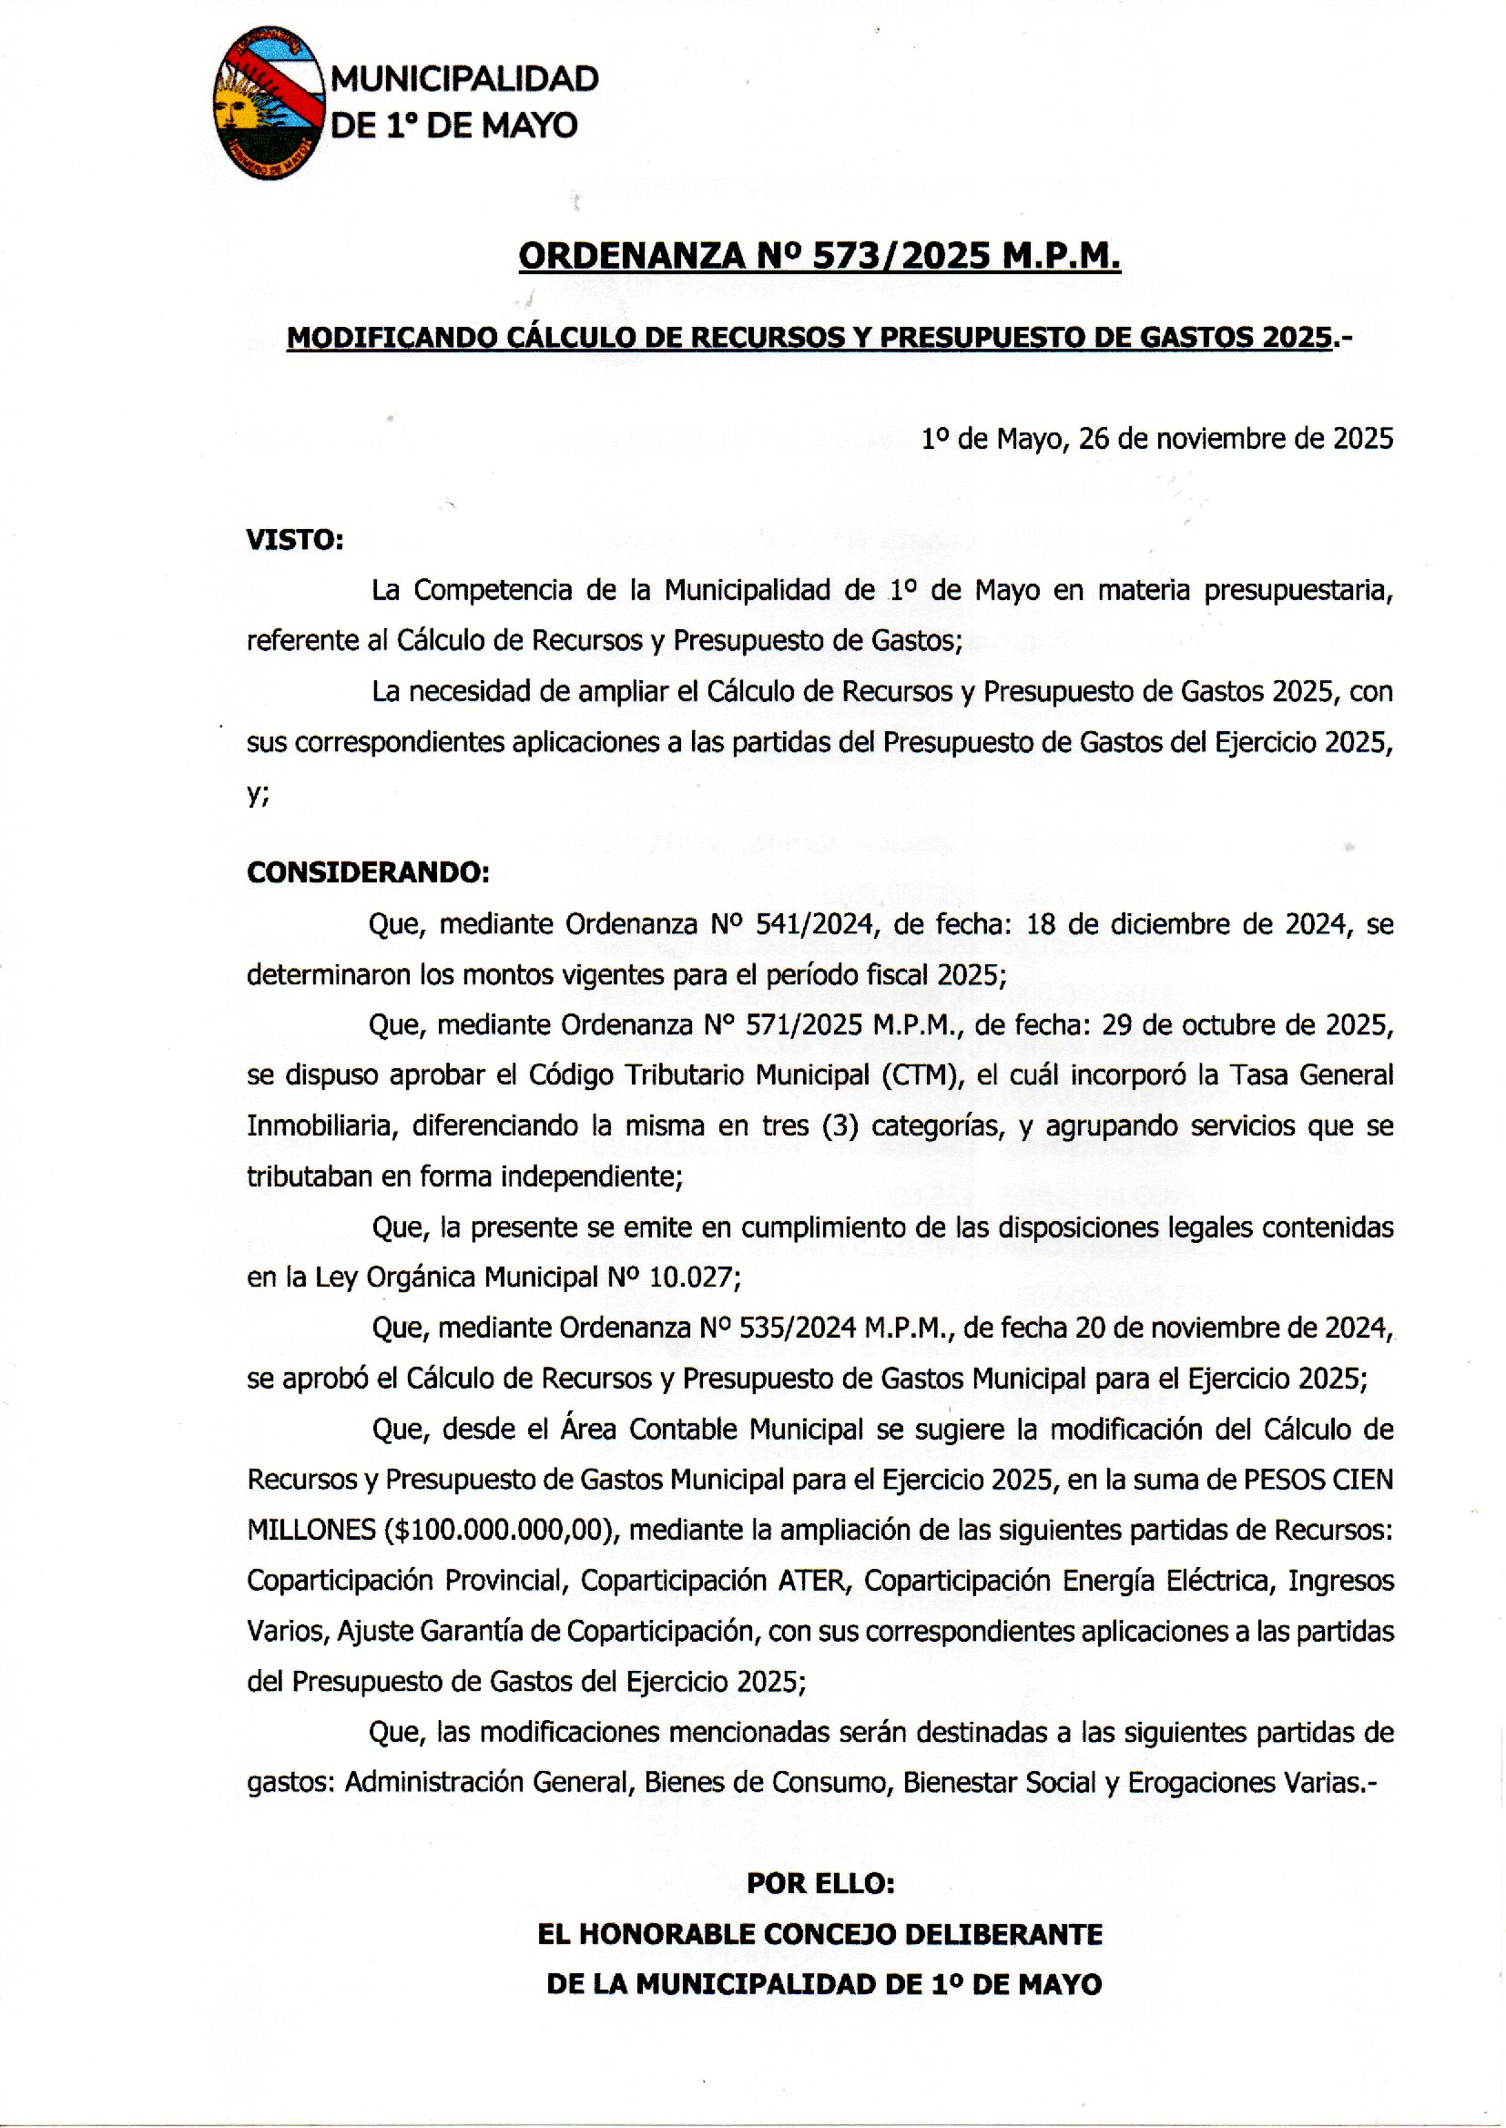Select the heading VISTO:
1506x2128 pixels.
295,540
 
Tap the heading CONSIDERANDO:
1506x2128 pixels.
367,872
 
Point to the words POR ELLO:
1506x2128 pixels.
819,1884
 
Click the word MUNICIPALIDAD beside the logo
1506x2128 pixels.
464,80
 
